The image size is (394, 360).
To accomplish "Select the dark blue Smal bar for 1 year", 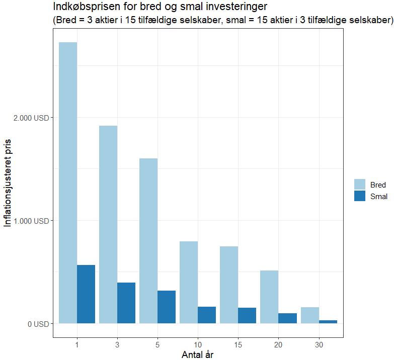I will click(x=86, y=294).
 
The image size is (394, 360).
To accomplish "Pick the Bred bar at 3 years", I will click(x=108, y=224).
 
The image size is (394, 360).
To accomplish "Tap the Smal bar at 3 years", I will click(x=126, y=303).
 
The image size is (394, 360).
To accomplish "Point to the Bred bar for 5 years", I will click(x=148, y=241).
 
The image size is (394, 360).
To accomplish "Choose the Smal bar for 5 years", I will click(x=167, y=307).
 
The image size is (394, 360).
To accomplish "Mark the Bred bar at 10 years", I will click(x=189, y=282).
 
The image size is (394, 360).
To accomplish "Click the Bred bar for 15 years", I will click(x=229, y=285).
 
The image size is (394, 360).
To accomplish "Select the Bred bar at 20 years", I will click(x=269, y=297).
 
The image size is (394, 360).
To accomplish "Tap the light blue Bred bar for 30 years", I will click(x=309, y=315).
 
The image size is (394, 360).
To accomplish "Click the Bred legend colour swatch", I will click(x=359, y=185).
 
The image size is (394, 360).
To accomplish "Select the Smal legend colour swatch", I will click(x=359, y=196).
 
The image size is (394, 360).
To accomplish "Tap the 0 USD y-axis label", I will click(x=39, y=324).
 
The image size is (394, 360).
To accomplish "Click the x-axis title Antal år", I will click(x=198, y=354).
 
